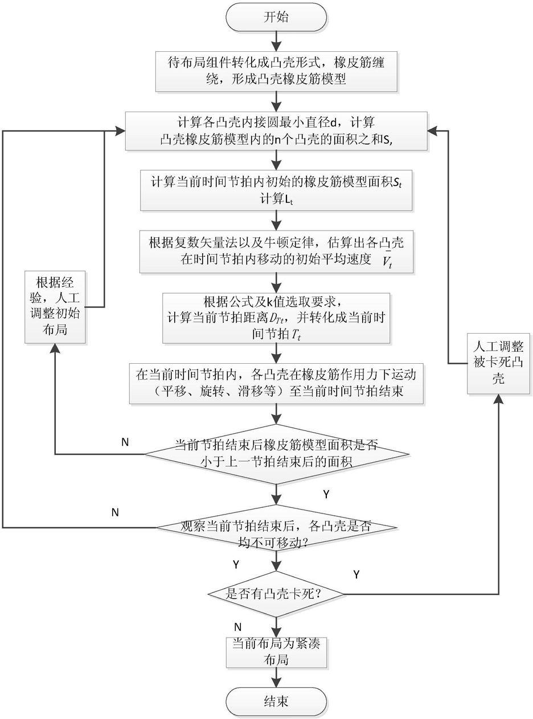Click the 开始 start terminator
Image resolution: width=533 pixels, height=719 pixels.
276,17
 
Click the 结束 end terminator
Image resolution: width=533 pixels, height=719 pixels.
276,701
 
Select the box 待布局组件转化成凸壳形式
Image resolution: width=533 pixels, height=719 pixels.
277,71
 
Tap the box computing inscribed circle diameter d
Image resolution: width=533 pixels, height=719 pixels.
276,131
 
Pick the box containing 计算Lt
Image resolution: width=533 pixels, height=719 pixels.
276,190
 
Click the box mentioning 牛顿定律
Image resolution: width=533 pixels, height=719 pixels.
276,252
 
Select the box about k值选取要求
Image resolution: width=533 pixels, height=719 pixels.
276,318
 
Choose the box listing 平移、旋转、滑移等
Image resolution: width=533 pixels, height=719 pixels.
276,384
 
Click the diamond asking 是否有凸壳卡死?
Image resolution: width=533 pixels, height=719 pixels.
276,594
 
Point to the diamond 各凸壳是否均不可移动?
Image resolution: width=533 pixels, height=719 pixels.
276,528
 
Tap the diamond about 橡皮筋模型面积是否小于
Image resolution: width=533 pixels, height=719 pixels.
276,454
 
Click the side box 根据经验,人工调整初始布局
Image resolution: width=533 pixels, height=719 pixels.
55,307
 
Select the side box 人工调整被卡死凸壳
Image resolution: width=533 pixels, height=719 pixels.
498,363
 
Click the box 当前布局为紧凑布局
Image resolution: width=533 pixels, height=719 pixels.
276,652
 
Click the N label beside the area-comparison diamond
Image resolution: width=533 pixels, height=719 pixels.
125,442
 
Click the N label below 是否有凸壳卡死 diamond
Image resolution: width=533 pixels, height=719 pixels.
238,627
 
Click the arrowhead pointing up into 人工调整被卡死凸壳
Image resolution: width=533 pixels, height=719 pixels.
499,399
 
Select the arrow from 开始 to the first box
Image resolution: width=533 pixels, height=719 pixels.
276,41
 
